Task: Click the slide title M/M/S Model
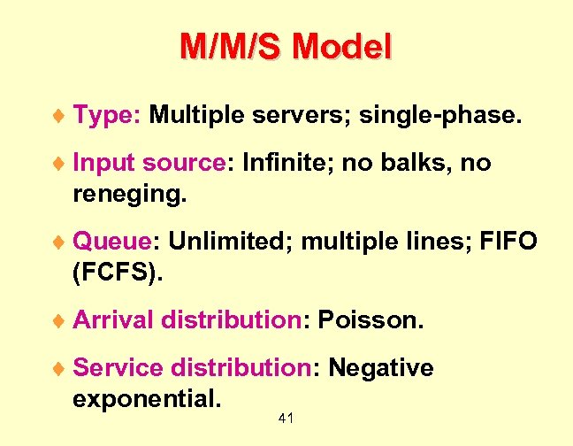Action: tap(285, 46)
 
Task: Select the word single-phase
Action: tap(453, 115)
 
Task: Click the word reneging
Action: tap(129, 191)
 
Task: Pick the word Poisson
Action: tap(371, 319)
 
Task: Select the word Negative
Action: tap(381, 367)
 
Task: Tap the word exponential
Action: tap(146, 396)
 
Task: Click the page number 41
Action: tap(286, 417)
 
